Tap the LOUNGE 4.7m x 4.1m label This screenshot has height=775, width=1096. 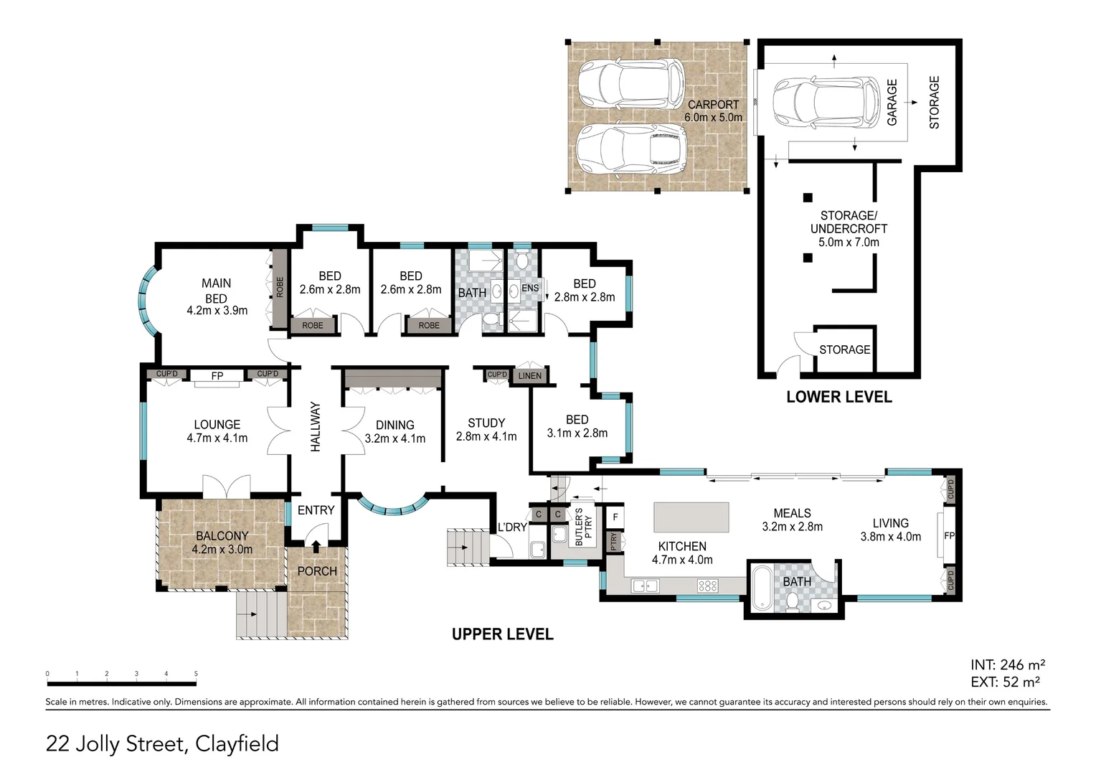click(217, 431)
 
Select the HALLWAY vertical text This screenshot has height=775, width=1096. click(316, 427)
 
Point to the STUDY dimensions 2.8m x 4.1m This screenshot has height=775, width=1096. click(486, 436)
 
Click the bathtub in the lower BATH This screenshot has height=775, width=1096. click(761, 588)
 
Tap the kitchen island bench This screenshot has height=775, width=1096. click(691, 517)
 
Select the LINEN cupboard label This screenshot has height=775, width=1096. click(530, 375)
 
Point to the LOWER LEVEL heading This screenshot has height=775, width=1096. click(839, 397)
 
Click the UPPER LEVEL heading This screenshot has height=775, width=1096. click(503, 634)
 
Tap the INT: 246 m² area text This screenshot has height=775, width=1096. click(1008, 664)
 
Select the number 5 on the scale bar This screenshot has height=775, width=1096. click(196, 674)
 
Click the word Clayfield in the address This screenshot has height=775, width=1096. click(237, 743)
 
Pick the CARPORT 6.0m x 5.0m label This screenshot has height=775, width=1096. click(714, 111)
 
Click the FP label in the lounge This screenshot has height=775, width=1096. click(217, 375)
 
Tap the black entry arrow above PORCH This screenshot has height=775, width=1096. click(316, 546)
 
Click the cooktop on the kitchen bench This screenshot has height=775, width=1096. click(708, 586)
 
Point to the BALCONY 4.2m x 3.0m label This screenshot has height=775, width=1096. click(222, 542)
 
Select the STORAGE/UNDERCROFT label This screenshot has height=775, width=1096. click(849, 228)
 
